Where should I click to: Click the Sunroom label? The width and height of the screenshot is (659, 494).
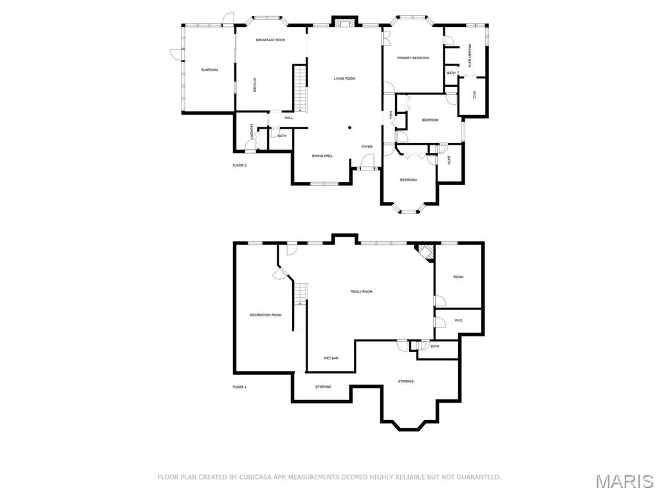(209, 69)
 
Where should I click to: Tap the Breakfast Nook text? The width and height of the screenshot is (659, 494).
(271, 40)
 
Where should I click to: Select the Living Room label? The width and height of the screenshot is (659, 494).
(345, 78)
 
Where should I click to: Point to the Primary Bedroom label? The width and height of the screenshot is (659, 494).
(413, 58)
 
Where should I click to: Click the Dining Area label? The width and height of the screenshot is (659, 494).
(322, 156)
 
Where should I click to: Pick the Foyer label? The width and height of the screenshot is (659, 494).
(367, 147)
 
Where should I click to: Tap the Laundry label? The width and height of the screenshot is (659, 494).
(252, 131)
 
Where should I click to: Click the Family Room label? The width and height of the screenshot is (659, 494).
(362, 291)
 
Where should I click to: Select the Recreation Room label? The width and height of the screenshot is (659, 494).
(266, 315)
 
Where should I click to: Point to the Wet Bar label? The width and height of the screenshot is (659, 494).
(331, 358)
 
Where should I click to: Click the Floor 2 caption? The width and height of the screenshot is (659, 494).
(239, 165)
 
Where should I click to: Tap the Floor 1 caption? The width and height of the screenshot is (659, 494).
(239, 387)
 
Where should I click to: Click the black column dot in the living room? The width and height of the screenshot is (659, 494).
(349, 127)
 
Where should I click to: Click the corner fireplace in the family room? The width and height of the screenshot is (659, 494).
(425, 253)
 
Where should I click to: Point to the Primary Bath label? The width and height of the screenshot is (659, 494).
(470, 56)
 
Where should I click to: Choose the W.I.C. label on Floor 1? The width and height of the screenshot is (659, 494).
(458, 321)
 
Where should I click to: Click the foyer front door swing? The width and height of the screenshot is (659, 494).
(367, 160)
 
